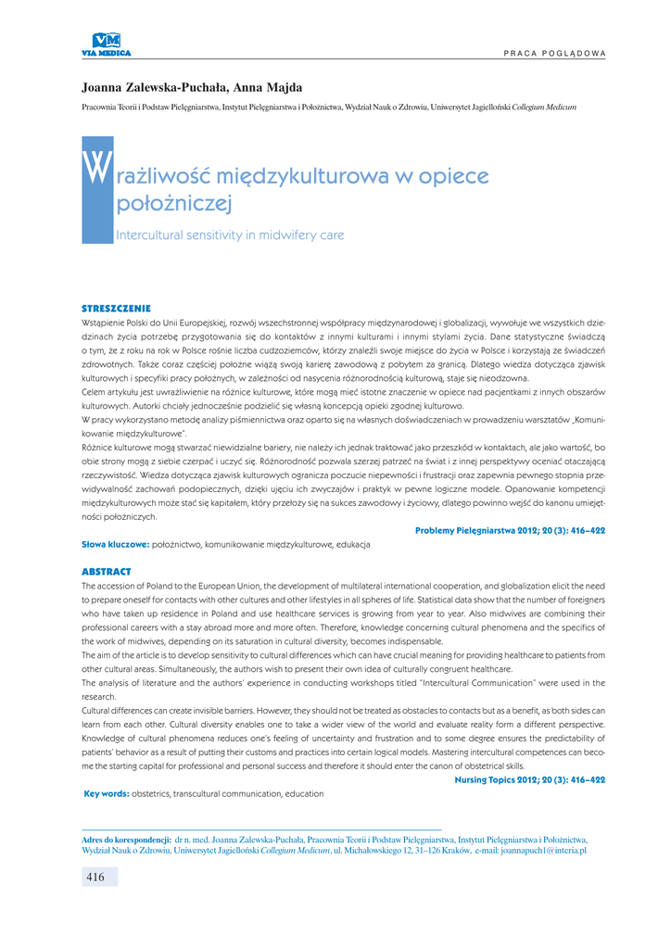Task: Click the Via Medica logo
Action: coord(107,43)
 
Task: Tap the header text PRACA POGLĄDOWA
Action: coord(554,52)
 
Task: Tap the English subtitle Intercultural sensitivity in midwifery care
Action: coord(230,235)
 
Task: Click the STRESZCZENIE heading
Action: coord(116,308)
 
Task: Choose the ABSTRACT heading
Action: coord(107,572)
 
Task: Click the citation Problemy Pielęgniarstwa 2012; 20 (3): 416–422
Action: coord(510,530)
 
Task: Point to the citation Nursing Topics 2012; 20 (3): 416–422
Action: coord(529,780)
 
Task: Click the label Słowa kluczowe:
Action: coord(115,544)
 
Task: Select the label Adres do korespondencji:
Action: coord(126,839)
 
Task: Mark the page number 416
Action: coord(95,877)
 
